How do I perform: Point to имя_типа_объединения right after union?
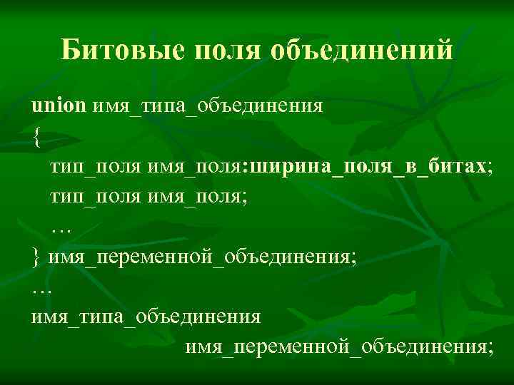(x=207, y=106)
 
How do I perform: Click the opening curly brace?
(x=36, y=138)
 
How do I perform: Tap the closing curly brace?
(x=36, y=257)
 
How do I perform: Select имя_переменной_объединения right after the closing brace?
(x=199, y=257)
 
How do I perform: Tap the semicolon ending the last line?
(x=490, y=348)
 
